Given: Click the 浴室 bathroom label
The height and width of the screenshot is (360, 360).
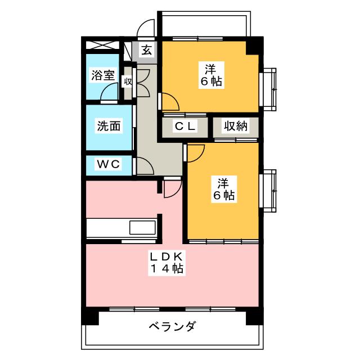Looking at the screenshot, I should (102, 75).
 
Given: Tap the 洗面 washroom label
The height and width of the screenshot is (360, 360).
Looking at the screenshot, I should (107, 127).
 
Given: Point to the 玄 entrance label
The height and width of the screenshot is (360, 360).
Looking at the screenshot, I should (146, 50).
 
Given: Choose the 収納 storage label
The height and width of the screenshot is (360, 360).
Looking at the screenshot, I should (235, 127).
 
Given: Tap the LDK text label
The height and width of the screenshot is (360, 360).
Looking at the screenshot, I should (166, 256).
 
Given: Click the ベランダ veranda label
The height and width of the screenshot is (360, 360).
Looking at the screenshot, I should (173, 327).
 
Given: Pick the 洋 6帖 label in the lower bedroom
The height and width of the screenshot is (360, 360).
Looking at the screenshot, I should (224, 190).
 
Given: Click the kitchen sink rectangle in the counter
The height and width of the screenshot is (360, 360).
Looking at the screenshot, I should (142, 228).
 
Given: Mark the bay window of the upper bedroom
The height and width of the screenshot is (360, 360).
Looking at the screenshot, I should (271, 89).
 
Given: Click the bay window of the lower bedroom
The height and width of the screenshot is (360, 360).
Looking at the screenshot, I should (271, 191).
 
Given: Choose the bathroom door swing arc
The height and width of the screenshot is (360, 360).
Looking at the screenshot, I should (109, 94).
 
